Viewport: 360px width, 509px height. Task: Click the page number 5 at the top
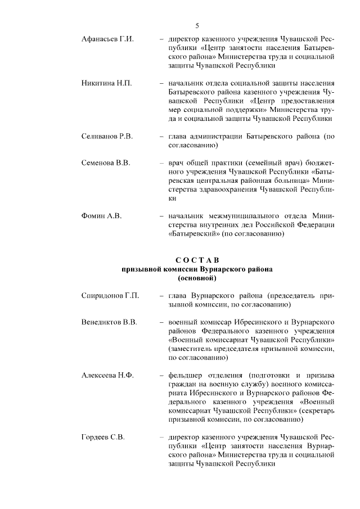197,25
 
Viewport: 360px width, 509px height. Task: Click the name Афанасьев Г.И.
107,40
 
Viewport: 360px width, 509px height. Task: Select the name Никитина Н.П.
106,84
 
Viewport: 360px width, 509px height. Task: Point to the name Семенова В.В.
106,163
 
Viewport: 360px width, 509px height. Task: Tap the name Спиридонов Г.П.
110,295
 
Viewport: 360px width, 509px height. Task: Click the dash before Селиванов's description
162,136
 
